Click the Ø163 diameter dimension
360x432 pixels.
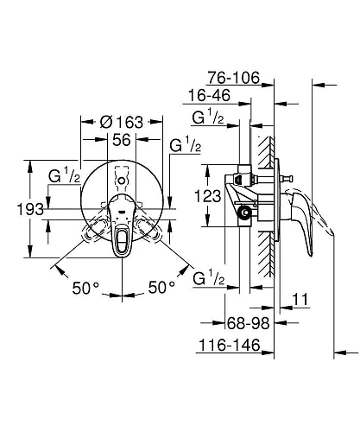click(x=121, y=122)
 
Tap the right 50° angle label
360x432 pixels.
click(x=160, y=286)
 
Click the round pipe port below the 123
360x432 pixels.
click(x=245, y=212)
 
